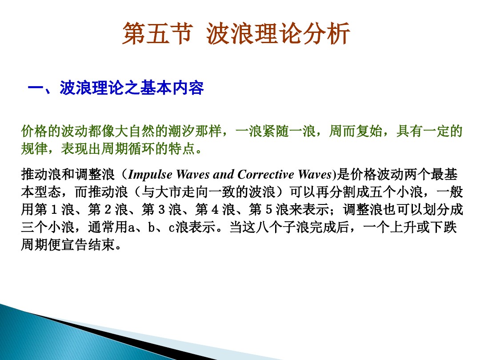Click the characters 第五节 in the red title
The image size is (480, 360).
point(158,35)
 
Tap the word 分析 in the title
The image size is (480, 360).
point(327,35)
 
